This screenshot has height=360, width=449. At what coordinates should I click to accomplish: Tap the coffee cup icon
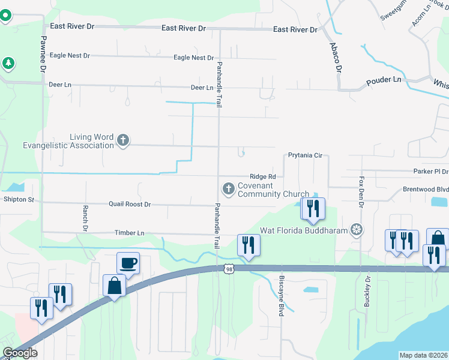[128, 262]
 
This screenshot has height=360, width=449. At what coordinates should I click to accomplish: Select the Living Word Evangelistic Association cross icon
[123, 140]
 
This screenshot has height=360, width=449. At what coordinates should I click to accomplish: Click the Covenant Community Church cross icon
[228, 189]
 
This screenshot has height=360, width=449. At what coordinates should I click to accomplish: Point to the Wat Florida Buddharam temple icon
[357, 230]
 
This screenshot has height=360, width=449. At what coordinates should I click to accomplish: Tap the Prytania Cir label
[305, 155]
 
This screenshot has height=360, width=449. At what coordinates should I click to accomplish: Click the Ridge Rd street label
[263, 176]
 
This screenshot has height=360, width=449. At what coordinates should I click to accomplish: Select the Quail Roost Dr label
[129, 205]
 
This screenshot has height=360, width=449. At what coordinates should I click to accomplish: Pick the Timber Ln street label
[129, 233]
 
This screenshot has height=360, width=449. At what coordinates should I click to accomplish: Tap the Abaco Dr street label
[334, 57]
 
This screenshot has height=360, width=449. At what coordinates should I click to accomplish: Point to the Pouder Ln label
[384, 79]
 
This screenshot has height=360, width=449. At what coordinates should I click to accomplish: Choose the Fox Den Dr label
[361, 192]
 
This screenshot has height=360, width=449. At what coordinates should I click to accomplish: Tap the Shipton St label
[19, 199]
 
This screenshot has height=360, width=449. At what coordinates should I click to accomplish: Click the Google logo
[20, 353]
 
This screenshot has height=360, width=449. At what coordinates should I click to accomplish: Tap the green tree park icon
[8, 62]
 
